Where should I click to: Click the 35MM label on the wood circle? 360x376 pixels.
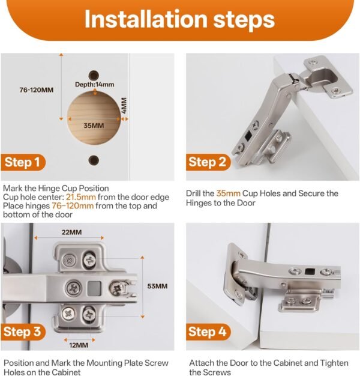94,126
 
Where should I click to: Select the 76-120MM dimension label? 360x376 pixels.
36,90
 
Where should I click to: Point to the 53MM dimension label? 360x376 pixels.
157,286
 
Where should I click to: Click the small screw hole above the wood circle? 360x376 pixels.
94,74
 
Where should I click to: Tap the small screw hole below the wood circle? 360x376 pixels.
94,159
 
